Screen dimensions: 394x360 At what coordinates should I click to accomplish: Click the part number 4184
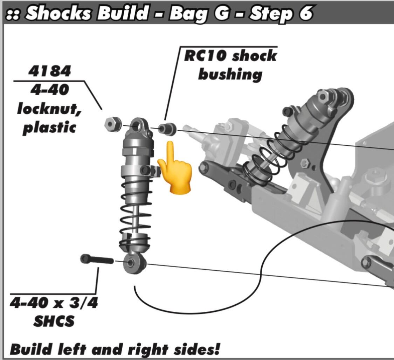click(x=50, y=71)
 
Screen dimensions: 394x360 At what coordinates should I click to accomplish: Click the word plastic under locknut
click(x=49, y=127)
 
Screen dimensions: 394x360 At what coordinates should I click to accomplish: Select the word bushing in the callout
click(x=230, y=75)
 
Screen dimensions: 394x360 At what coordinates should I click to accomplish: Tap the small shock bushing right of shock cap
click(x=167, y=129)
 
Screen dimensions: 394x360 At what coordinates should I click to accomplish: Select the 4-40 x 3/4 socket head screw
click(x=97, y=259)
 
